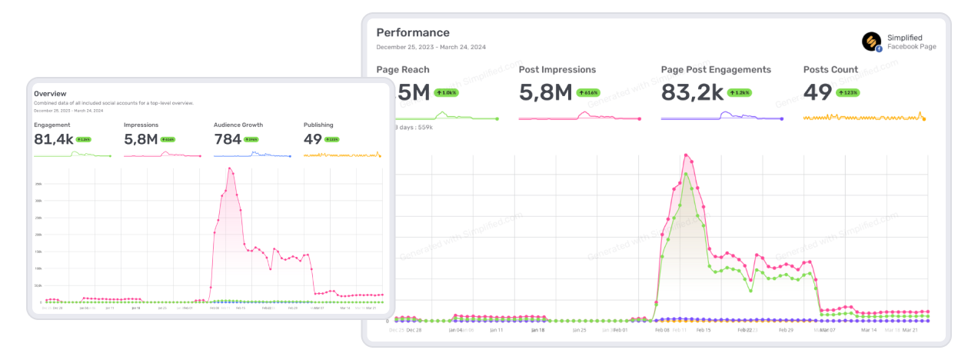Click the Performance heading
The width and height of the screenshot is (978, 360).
pyautogui.click(x=413, y=33)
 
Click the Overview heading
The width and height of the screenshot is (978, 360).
pyautogui.click(x=50, y=94)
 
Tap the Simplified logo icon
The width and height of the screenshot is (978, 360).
pyautogui.click(x=872, y=42)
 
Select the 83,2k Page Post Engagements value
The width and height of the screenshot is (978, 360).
pyautogui.click(x=692, y=93)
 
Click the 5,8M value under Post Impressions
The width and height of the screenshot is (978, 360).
pyautogui.click(x=545, y=93)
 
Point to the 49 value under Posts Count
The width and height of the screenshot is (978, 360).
pyautogui.click(x=817, y=93)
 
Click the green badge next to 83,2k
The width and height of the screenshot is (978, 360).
pyautogui.click(x=740, y=93)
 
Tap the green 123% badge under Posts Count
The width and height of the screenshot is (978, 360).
pyautogui.click(x=849, y=93)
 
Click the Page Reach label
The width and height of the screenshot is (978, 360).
pyautogui.click(x=403, y=69)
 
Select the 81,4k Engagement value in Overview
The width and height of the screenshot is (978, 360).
pyautogui.click(x=53, y=139)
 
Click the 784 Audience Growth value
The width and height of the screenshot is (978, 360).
pyautogui.click(x=228, y=139)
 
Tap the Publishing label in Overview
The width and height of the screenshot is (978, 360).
pyautogui.click(x=318, y=124)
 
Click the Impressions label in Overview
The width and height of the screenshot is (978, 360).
pyautogui.click(x=141, y=124)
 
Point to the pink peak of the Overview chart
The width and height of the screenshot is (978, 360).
pyautogui.click(x=229, y=168)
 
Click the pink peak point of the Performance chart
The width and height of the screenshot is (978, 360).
pyautogui.click(x=684, y=155)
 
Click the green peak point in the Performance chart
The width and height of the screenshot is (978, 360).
pyautogui.click(x=686, y=173)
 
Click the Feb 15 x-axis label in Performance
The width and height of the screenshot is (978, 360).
pyautogui.click(x=703, y=329)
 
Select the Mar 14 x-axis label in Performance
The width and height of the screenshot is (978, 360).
pyautogui.click(x=869, y=329)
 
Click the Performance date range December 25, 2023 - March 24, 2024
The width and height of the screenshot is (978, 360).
pyautogui.click(x=431, y=48)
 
